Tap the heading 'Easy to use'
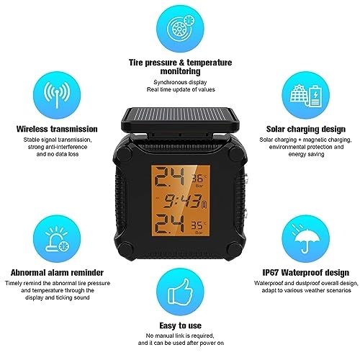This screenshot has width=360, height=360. pyautogui.click(x=179, y=325)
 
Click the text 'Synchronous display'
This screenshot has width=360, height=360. pyautogui.click(x=179, y=81)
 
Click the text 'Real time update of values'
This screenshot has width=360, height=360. pyautogui.click(x=179, y=89)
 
